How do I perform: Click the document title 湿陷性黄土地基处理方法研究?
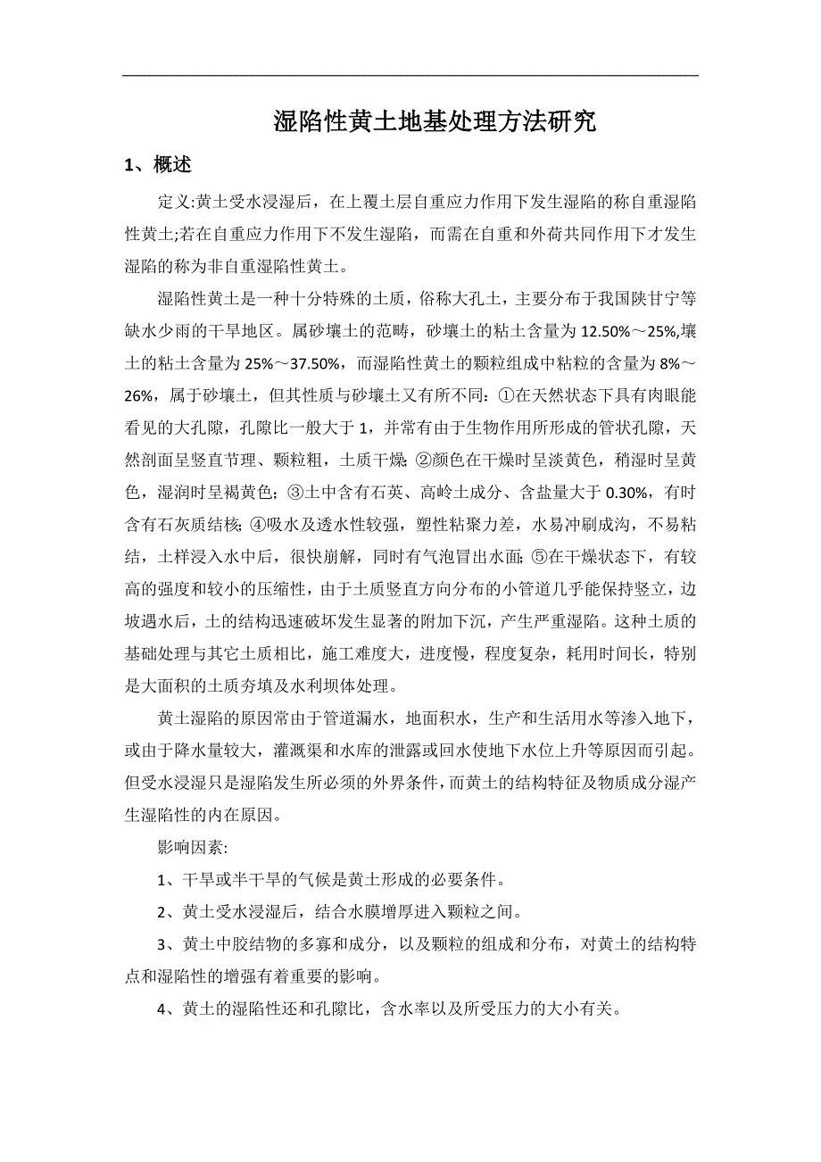coord(435,122)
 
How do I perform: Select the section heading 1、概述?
coord(158,165)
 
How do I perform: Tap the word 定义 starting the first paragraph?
coord(170,203)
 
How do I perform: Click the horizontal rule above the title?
coord(410,75)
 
